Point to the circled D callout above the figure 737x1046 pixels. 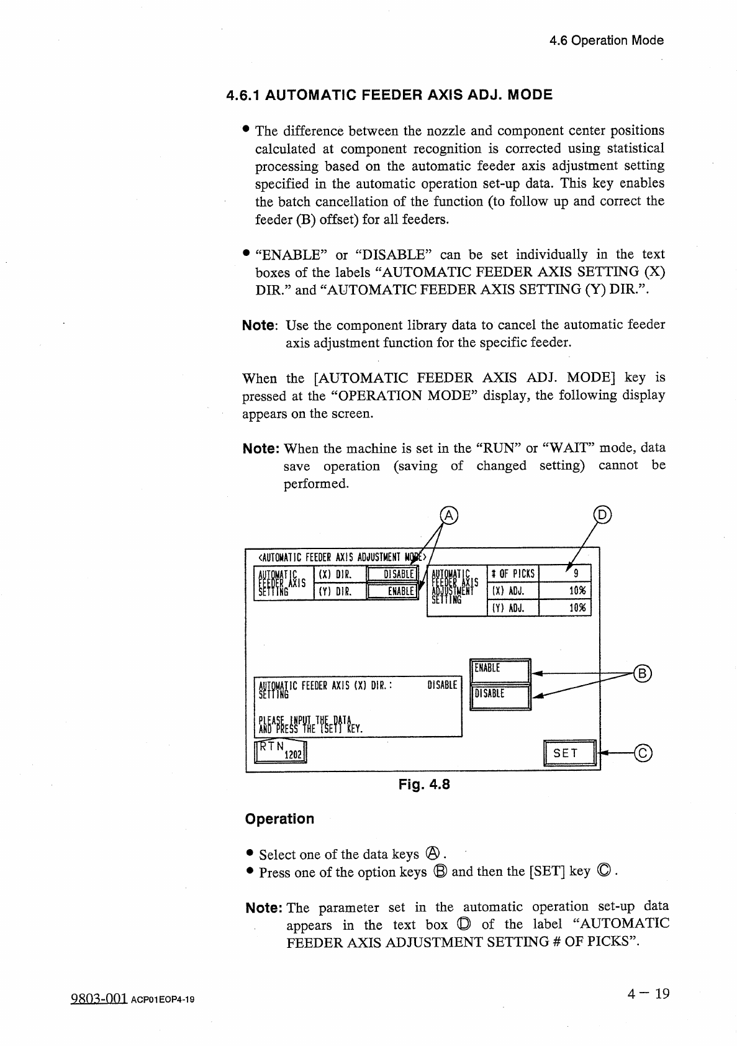pos(602,514)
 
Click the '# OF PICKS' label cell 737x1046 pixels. pos(513,574)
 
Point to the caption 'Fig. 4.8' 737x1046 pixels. pos(424,784)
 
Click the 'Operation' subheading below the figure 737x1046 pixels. pos(279,819)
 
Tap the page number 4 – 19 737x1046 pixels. pos(648,994)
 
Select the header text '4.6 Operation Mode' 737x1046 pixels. pos(607,40)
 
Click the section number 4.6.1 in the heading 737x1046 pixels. pos(245,95)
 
